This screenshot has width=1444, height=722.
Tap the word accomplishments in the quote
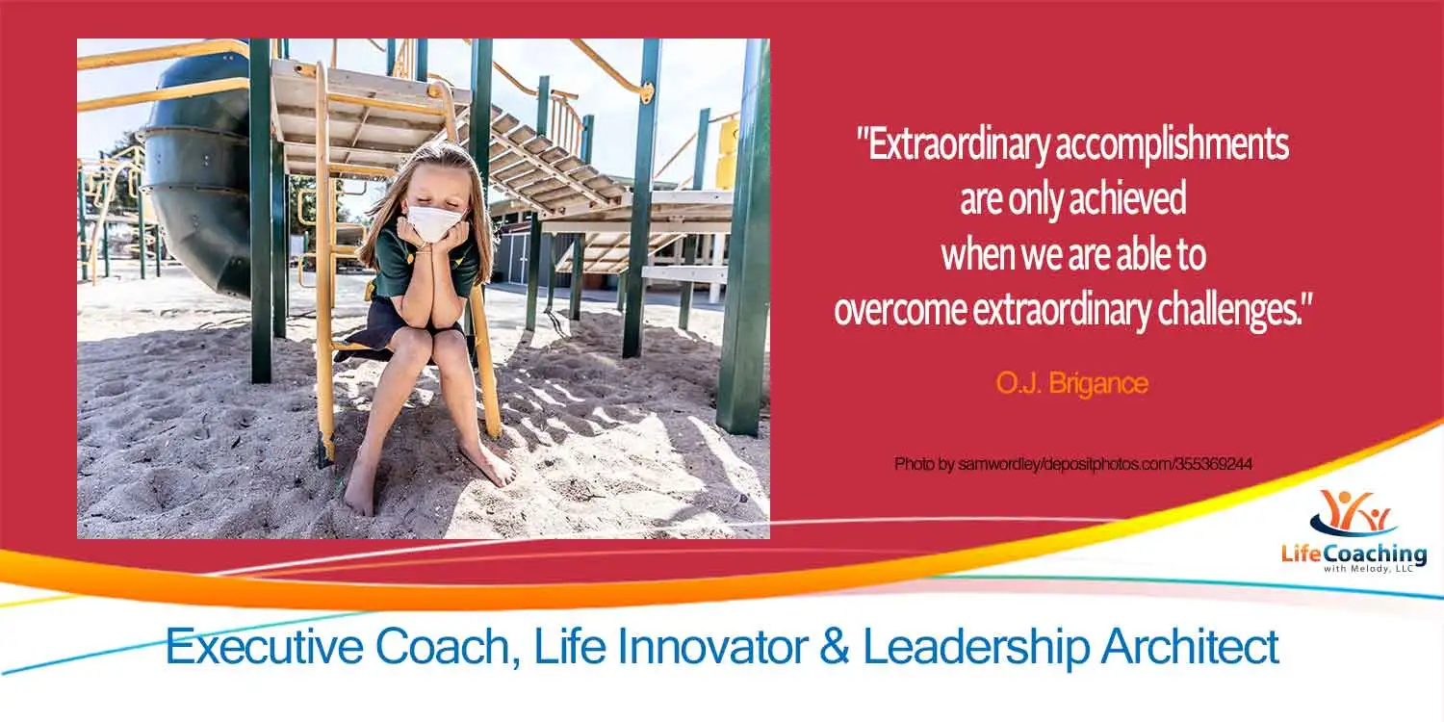pos(1173,145)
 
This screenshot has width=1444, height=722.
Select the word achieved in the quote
pos(1128,198)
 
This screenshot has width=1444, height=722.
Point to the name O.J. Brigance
pos(1072,383)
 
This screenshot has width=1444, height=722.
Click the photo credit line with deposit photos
pos(1073,463)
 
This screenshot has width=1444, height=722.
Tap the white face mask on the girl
pos(436,221)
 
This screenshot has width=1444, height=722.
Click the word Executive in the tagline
pos(265,647)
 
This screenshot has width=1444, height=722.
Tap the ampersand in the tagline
pos(835,646)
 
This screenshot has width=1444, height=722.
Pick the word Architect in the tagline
pos(1189,646)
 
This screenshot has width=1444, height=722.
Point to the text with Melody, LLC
pos(1369,569)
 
